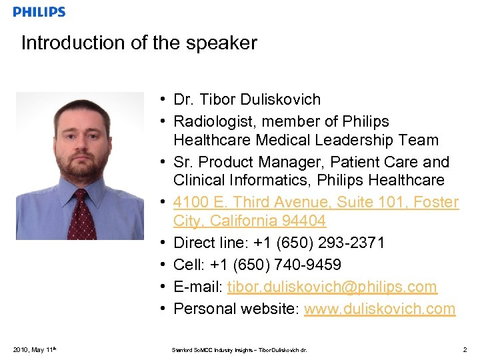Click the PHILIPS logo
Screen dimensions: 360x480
(x=39, y=12)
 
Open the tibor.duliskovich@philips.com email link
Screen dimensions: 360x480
(x=332, y=287)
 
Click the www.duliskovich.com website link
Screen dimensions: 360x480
(x=379, y=309)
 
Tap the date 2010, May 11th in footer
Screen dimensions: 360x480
(x=33, y=349)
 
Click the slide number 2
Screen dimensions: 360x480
(x=464, y=349)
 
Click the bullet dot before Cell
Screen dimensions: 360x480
(x=163, y=265)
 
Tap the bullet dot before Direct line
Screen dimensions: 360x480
(x=163, y=243)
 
